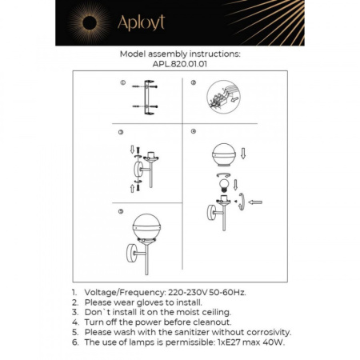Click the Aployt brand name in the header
pyautogui.click(x=142, y=24)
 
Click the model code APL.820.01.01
pyautogui.click(x=180, y=66)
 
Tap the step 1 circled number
pyautogui.click(x=122, y=82)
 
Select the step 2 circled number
pyautogui.click(x=194, y=82)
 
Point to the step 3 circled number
pyautogui.click(x=121, y=132)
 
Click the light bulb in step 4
pyautogui.click(x=225, y=183)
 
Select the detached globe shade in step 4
pyautogui.click(x=224, y=156)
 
